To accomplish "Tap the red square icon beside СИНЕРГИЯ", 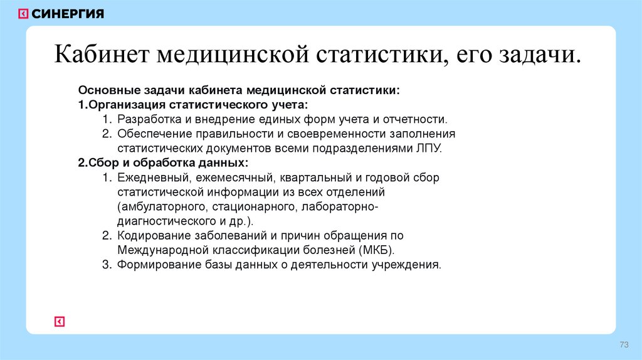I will pos(24,14).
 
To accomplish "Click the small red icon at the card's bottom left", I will pos(60,321).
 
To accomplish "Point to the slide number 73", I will pos(623,346).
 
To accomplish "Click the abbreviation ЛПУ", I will pos(430,148).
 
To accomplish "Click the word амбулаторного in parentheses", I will pos(162,206).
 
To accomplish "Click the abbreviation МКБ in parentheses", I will pos(377,250).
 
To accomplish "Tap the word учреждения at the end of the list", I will pos(409,265).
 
